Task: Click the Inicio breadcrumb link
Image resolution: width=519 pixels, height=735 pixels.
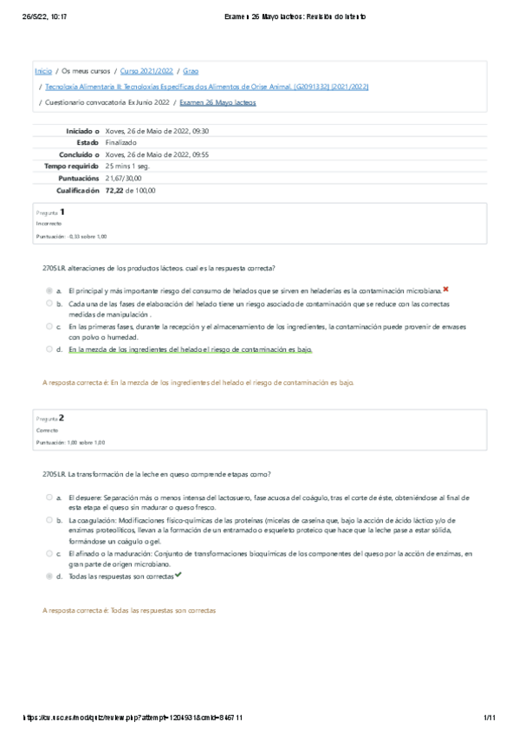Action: point(42,71)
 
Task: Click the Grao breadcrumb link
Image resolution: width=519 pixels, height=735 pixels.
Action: point(191,71)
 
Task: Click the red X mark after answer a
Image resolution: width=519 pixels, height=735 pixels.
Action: point(445,289)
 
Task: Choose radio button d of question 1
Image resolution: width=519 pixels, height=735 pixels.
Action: point(49,349)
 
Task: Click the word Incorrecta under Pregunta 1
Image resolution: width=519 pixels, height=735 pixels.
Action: point(49,223)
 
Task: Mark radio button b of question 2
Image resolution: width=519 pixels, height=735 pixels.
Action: point(49,520)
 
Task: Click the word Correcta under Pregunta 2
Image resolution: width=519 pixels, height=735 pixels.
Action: point(47,429)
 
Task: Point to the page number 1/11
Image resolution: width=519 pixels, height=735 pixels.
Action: point(489,718)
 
